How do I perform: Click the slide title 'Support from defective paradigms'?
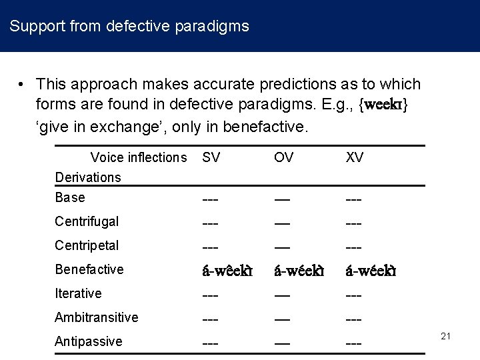tap(129, 27)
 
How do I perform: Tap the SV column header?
tap(211, 157)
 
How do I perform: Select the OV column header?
tap(283, 157)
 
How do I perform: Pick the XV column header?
tap(354, 157)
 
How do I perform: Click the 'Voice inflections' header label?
tap(139, 157)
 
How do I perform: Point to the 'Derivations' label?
tap(88, 177)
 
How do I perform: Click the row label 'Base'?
tap(70, 197)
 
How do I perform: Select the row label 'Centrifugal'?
tap(87, 221)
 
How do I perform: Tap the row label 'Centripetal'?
tap(87, 245)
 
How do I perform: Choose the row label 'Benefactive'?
tap(89, 269)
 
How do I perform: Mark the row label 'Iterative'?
tap(78, 293)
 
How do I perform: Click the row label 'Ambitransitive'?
tap(97, 317)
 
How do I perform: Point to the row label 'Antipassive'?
tap(89, 341)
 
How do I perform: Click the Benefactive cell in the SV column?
tap(227, 271)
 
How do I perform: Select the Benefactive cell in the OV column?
tap(299, 271)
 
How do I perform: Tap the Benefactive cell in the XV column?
tap(371, 271)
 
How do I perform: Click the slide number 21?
tap(446, 336)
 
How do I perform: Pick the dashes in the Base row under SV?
tap(211, 199)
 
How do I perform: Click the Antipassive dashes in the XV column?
tap(353, 343)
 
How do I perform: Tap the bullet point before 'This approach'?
tap(22, 85)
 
